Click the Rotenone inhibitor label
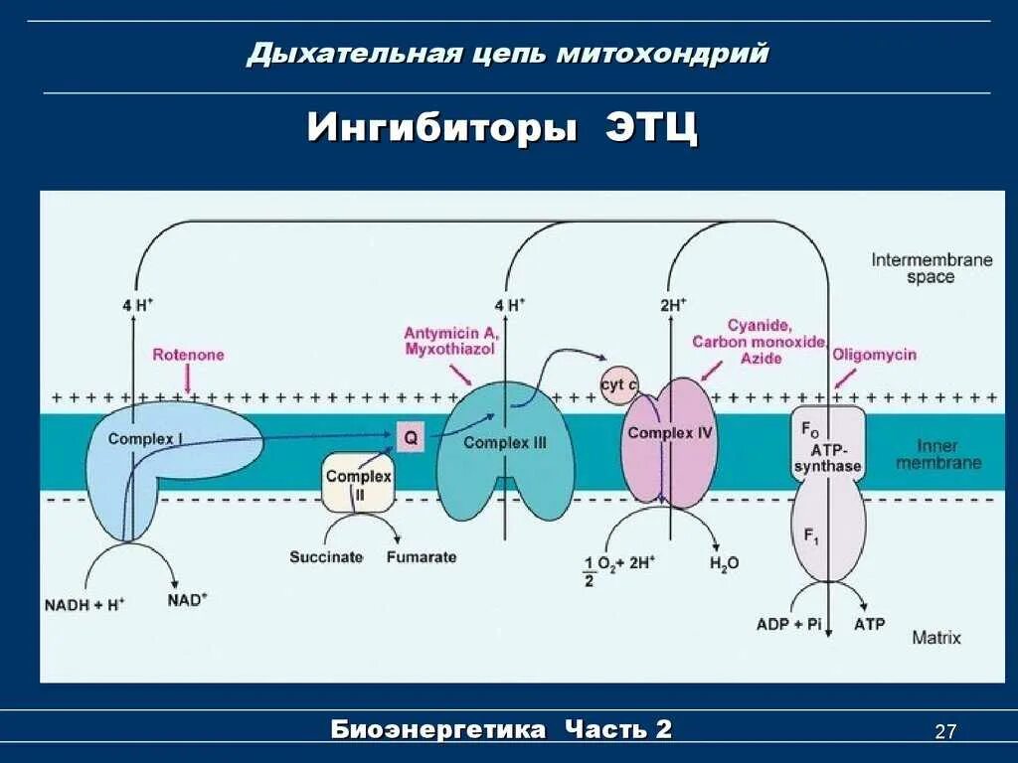click(x=188, y=355)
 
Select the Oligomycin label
click(x=874, y=355)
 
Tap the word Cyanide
click(x=759, y=326)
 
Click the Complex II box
click(x=358, y=484)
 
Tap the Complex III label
click(x=505, y=443)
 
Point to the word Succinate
click(x=326, y=557)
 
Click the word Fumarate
click(x=422, y=557)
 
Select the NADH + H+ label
click(x=85, y=603)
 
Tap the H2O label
click(x=724, y=563)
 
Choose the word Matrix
click(x=936, y=637)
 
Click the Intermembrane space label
click(x=932, y=268)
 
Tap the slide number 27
click(x=945, y=732)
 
